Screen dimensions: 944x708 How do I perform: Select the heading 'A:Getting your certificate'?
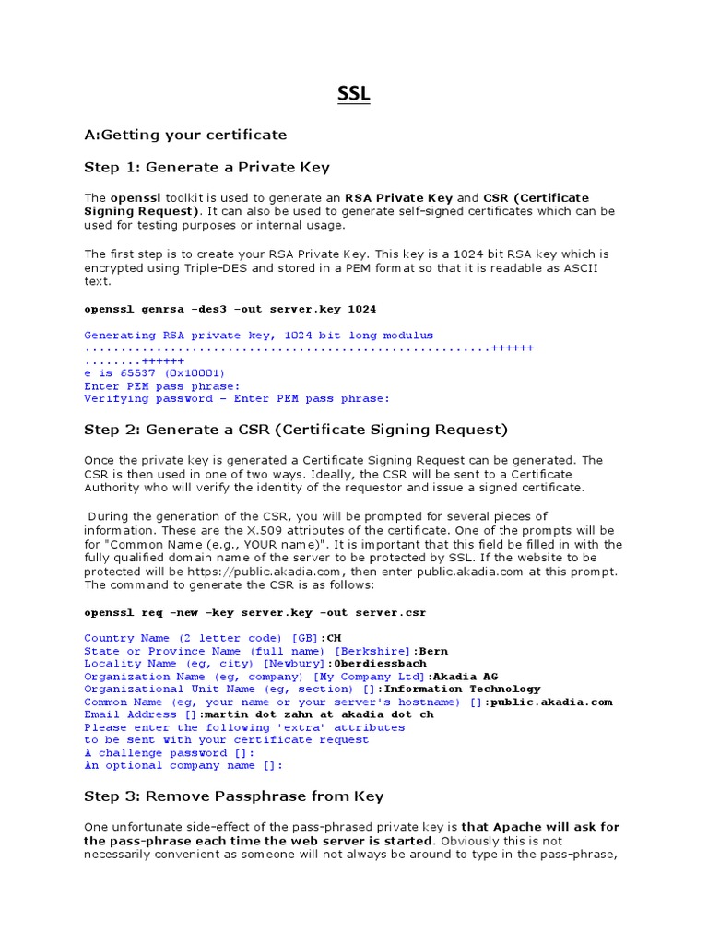pyautogui.click(x=185, y=135)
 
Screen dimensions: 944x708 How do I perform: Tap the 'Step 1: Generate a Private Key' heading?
pyautogui.click(x=206, y=167)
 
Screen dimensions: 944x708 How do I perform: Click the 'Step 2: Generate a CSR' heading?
pyautogui.click(x=296, y=430)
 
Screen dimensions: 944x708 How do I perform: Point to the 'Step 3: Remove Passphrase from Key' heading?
pyautogui.click(x=234, y=796)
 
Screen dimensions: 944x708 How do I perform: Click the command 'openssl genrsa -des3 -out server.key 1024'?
pyautogui.click(x=230, y=309)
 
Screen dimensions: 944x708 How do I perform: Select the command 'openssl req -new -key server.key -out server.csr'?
pyautogui.click(x=254, y=612)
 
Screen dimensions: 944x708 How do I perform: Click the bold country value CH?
pyautogui.click(x=334, y=638)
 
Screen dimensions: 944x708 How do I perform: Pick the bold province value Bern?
pyautogui.click(x=432, y=651)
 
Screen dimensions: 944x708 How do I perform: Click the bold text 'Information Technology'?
pyautogui.click(x=463, y=689)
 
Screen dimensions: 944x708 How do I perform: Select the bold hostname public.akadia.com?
pyautogui.click(x=550, y=702)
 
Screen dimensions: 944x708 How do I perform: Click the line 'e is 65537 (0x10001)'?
pyautogui.click(x=155, y=373)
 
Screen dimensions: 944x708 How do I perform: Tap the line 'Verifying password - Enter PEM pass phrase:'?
pyautogui.click(x=237, y=399)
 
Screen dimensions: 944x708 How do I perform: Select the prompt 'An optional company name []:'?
pyautogui.click(x=183, y=765)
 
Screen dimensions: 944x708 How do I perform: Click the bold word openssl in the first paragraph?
pyautogui.click(x=136, y=198)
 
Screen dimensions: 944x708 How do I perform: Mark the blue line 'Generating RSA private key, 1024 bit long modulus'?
pyautogui.click(x=258, y=336)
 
